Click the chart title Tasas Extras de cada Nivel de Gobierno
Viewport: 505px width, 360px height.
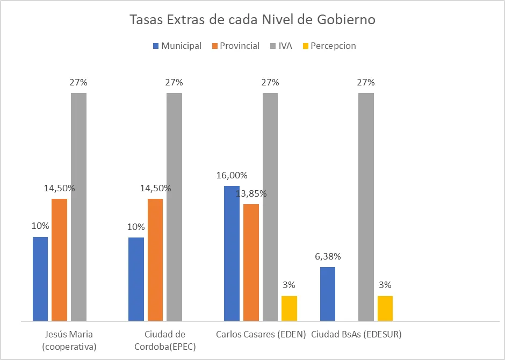tap(252, 20)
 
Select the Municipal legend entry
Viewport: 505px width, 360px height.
tap(177, 46)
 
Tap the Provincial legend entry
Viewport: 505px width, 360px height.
tap(235, 46)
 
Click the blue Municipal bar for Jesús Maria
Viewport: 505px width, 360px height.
tap(40, 279)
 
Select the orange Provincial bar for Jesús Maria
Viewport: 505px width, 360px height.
tap(59, 260)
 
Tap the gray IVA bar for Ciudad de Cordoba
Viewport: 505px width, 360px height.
tap(174, 207)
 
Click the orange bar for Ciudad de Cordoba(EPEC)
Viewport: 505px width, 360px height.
tap(155, 260)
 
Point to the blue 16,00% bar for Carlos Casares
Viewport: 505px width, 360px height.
tap(232, 253)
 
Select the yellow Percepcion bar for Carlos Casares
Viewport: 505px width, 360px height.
tap(289, 308)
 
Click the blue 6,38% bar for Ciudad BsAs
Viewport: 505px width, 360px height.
tap(327, 294)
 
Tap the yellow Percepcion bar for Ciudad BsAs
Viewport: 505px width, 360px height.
tap(385, 308)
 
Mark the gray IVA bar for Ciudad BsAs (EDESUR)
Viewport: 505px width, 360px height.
tap(366, 207)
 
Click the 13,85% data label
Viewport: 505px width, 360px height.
tap(251, 193)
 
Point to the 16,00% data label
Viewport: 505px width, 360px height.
tap(232, 175)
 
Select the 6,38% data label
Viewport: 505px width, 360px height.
tap(328, 256)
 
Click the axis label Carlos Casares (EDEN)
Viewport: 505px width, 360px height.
tap(261, 334)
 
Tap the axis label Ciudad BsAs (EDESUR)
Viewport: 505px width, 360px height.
tap(356, 334)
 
